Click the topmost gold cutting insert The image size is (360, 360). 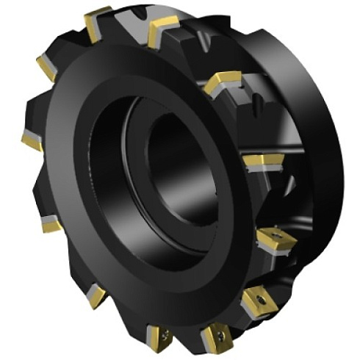96,22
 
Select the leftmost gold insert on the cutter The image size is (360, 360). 32,140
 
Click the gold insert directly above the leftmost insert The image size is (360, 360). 46,68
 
